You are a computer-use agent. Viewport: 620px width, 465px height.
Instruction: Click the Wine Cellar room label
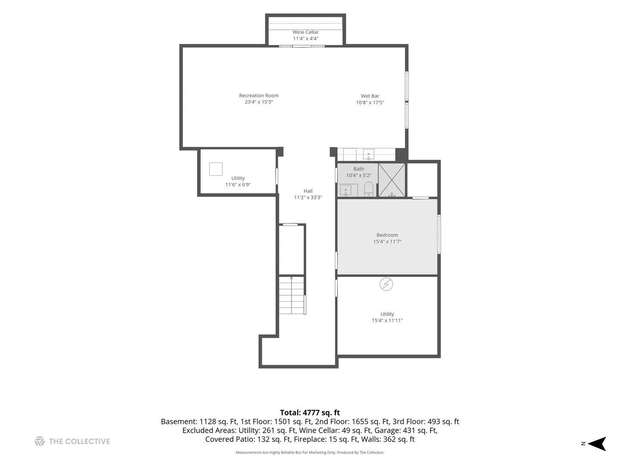[305, 32]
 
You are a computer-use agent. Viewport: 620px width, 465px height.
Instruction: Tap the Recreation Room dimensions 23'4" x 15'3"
[259, 102]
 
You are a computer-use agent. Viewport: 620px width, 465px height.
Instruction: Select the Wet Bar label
[370, 96]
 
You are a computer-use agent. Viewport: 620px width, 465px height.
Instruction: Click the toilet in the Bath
[368, 189]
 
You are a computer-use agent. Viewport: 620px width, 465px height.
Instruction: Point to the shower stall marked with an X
[391, 180]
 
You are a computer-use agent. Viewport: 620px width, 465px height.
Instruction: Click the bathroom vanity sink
[345, 191]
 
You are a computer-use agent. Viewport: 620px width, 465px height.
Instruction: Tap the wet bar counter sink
[368, 155]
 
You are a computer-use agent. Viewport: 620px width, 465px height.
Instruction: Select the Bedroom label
[387, 235]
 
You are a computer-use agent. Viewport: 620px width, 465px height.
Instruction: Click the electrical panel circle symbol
[386, 284]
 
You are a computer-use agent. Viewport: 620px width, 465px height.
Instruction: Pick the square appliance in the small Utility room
[216, 169]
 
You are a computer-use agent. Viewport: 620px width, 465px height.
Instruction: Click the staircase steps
[291, 295]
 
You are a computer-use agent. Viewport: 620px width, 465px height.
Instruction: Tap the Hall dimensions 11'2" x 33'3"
[308, 197]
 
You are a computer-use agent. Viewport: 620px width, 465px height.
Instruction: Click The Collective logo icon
[40, 441]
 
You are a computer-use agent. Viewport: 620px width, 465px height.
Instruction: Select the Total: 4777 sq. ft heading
[310, 413]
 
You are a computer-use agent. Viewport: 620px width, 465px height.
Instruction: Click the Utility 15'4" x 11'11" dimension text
[387, 320]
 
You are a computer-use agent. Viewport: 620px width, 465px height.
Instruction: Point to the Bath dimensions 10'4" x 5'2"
[359, 175]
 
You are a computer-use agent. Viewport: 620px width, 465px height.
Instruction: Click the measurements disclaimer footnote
[310, 453]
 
